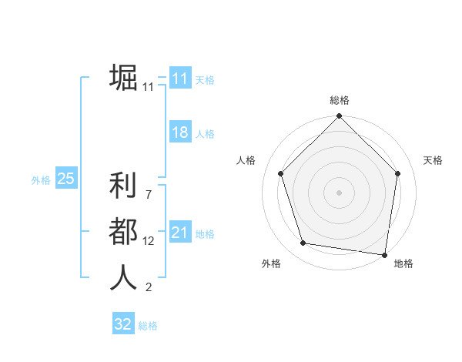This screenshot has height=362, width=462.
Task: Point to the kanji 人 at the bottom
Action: click(123, 277)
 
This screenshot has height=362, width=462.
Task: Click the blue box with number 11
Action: click(179, 79)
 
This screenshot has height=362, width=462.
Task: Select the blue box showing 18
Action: click(179, 132)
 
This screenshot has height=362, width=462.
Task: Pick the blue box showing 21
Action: click(179, 233)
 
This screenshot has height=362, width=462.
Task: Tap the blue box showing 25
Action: click(65, 179)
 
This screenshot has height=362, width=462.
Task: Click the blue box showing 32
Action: click(123, 324)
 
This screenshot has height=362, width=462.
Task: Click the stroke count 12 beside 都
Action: click(149, 241)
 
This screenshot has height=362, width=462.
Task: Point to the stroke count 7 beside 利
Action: click(148, 195)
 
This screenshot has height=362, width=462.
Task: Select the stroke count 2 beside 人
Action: click(148, 288)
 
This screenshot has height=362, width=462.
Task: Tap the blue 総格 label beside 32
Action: click(148, 326)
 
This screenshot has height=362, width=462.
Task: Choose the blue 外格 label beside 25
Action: click(41, 180)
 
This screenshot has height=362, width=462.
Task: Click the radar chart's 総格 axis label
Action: click(340, 100)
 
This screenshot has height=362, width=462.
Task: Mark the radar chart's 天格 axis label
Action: click(434, 160)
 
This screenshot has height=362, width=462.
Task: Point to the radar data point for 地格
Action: click(384, 254)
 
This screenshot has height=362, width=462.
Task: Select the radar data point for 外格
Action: click(303, 243)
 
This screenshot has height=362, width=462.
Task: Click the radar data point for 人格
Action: click(280, 173)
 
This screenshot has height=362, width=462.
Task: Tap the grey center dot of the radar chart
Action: click(339, 192)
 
